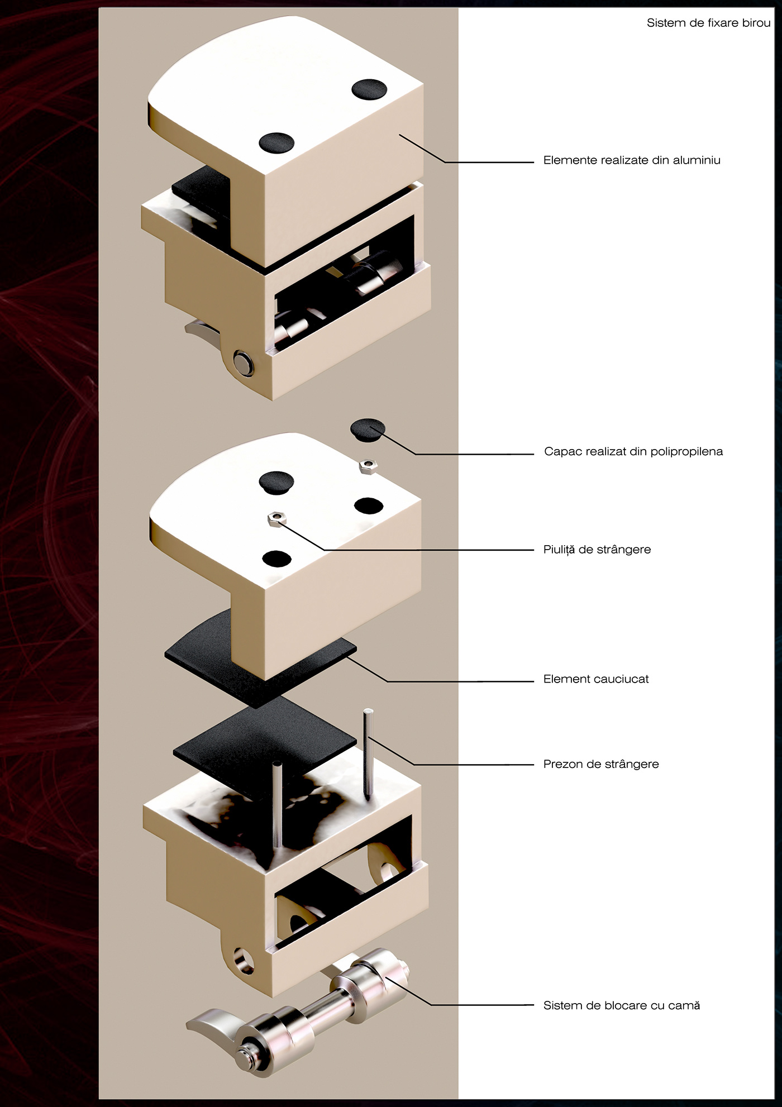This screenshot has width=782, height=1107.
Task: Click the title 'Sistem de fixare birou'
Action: [708, 23]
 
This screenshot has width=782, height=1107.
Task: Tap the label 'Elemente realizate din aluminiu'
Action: [632, 160]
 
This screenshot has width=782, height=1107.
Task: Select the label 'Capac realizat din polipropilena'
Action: [633, 451]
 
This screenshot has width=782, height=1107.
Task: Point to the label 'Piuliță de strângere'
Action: [597, 550]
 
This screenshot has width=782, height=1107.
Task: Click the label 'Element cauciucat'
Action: [595, 679]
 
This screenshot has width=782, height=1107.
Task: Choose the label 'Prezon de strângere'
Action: [600, 764]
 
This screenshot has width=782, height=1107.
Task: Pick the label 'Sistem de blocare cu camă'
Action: [621, 1005]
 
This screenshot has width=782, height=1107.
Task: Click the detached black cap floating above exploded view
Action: [368, 430]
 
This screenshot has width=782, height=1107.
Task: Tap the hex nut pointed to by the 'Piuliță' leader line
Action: [275, 519]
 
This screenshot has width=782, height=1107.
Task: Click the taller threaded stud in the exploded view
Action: [368, 751]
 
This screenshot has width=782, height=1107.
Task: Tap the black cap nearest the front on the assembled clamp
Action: [276, 142]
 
